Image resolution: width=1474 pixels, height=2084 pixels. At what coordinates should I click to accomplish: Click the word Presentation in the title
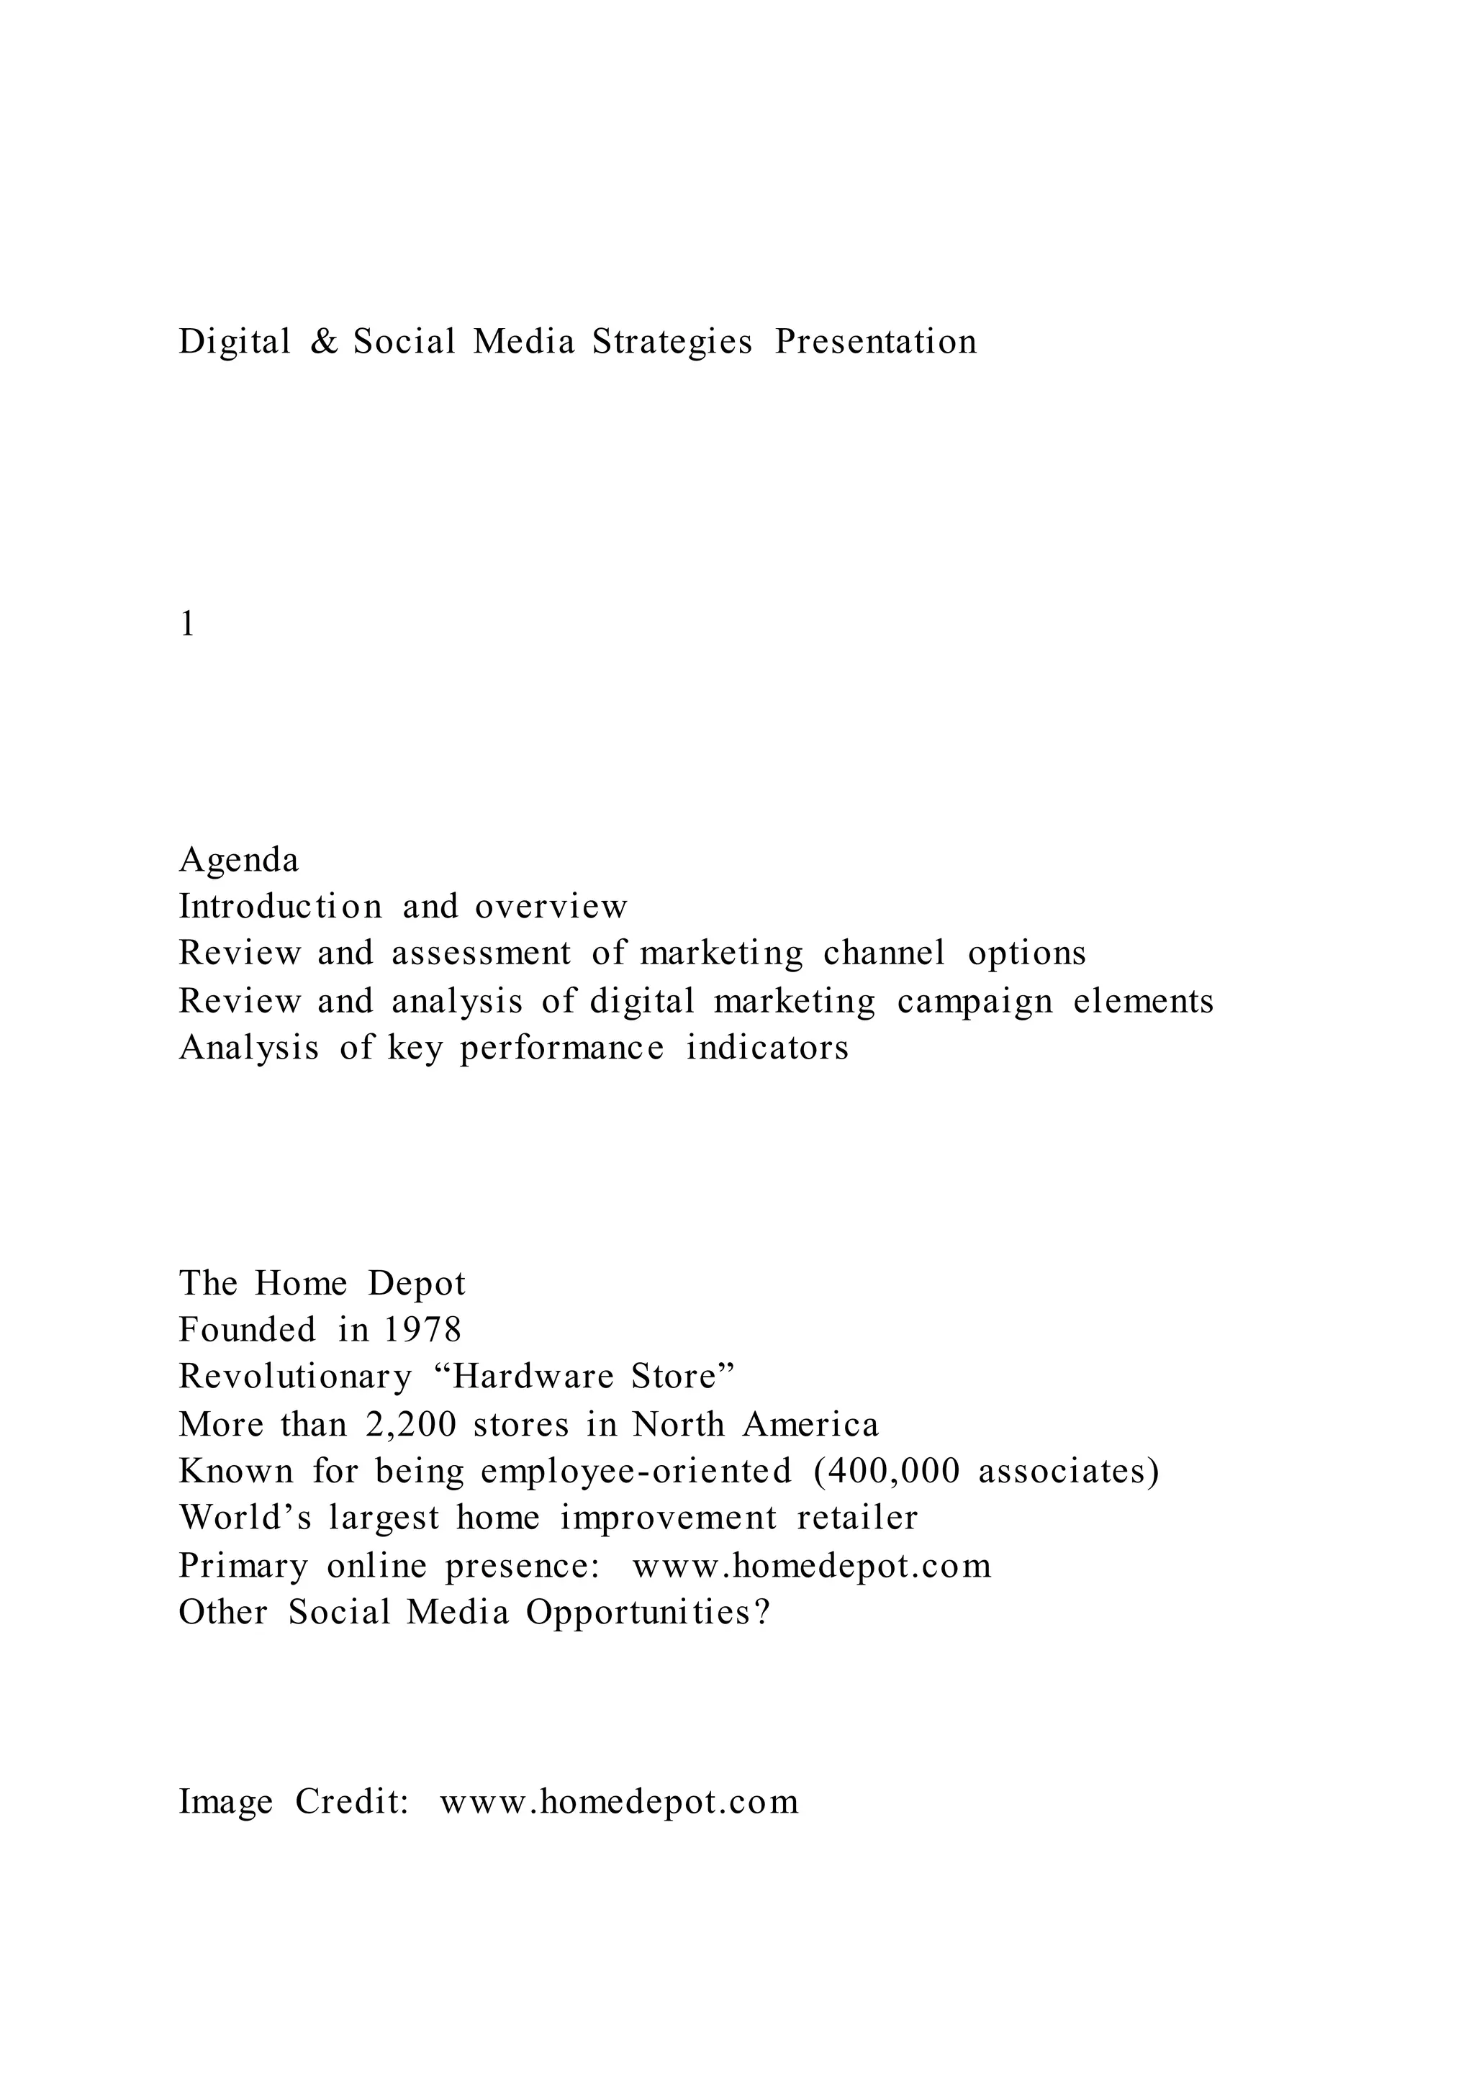876,343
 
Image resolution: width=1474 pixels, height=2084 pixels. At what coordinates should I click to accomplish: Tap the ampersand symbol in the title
323,343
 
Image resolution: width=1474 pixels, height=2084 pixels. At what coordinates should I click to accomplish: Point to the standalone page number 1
187,625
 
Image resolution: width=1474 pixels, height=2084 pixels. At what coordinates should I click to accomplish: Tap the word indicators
768,1048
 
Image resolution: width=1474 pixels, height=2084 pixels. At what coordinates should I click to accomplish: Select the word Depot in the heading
417,1284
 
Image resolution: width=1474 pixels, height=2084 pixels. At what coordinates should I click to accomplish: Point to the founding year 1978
423,1331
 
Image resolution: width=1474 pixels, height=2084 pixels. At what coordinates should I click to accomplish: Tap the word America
810,1424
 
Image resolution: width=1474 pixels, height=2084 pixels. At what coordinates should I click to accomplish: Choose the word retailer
858,1518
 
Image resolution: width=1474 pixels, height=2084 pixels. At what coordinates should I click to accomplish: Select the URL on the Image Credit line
620,1802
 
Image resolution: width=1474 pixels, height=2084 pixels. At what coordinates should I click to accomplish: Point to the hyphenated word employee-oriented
636,1472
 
